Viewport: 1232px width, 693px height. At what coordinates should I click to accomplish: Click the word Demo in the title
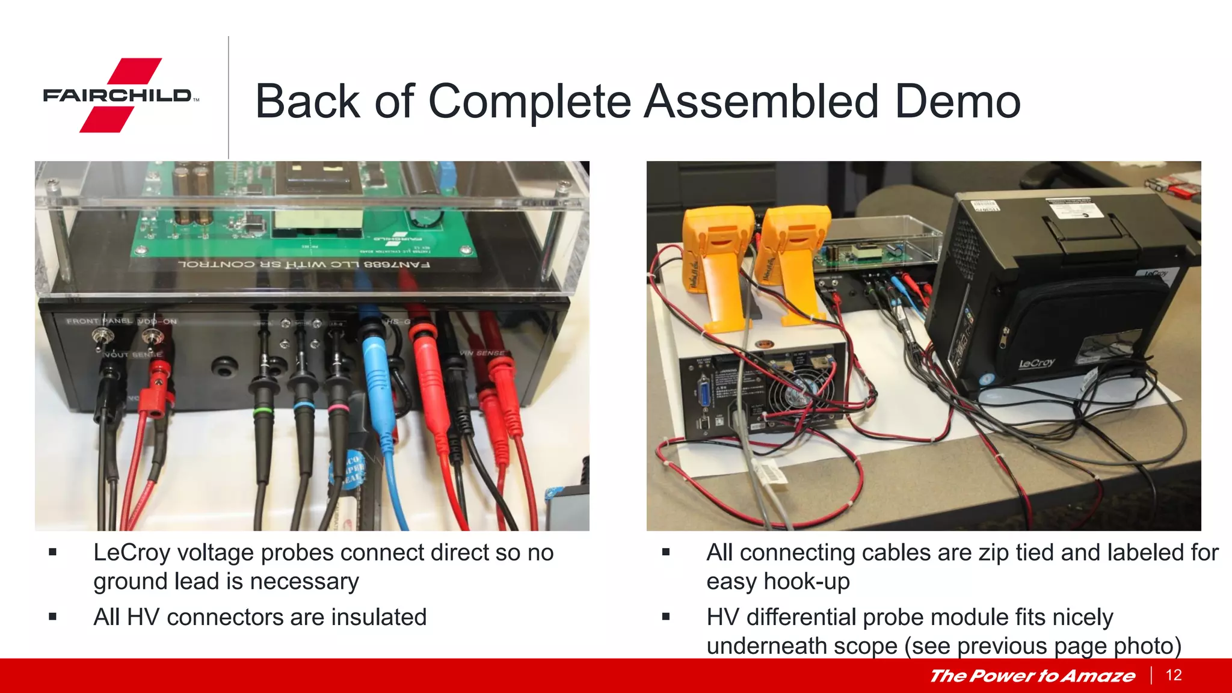pos(957,101)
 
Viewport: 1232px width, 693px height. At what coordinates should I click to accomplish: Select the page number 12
pos(1174,675)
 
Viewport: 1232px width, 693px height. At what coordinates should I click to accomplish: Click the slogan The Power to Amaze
pos(1032,676)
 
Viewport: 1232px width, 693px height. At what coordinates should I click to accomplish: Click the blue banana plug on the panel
pos(376,373)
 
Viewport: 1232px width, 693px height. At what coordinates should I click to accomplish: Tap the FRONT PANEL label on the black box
pos(99,321)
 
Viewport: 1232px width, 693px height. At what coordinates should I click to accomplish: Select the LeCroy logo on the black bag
pos(1036,363)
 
